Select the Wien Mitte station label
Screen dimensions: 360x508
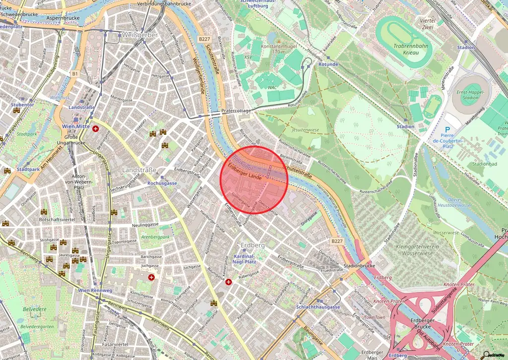click(x=74, y=126)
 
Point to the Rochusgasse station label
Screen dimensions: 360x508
click(x=162, y=183)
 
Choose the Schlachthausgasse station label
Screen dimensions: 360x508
click(x=317, y=307)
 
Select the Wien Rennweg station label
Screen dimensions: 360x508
click(x=94, y=290)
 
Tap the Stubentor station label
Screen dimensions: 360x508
click(x=23, y=105)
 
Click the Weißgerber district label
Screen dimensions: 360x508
click(x=139, y=35)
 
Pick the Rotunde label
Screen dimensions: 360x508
click(x=328, y=64)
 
